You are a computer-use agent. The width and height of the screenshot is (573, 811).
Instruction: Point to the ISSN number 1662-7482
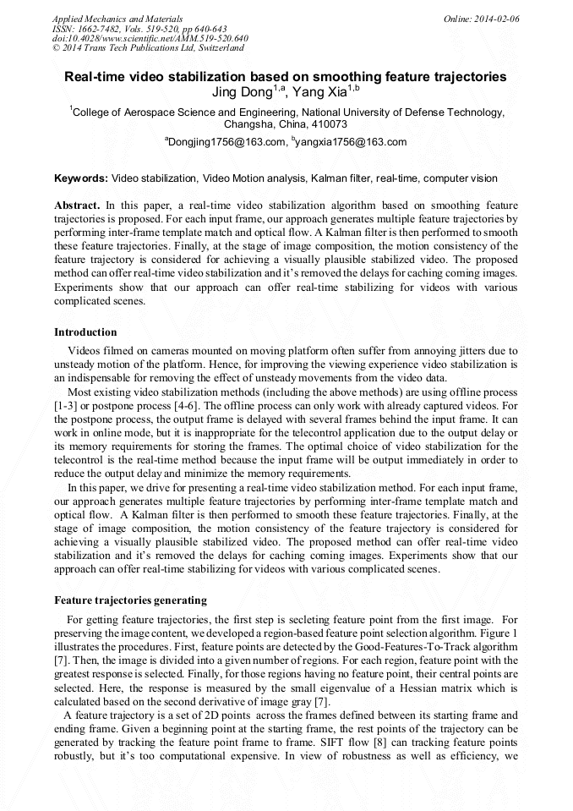click(x=100, y=28)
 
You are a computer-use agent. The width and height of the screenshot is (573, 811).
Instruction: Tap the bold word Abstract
click(x=78, y=205)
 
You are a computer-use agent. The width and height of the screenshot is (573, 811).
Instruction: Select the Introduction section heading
click(x=85, y=332)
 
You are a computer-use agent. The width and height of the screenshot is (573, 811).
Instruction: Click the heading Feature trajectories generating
click(x=130, y=600)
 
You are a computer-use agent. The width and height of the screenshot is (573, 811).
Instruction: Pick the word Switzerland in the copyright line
click(x=216, y=48)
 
